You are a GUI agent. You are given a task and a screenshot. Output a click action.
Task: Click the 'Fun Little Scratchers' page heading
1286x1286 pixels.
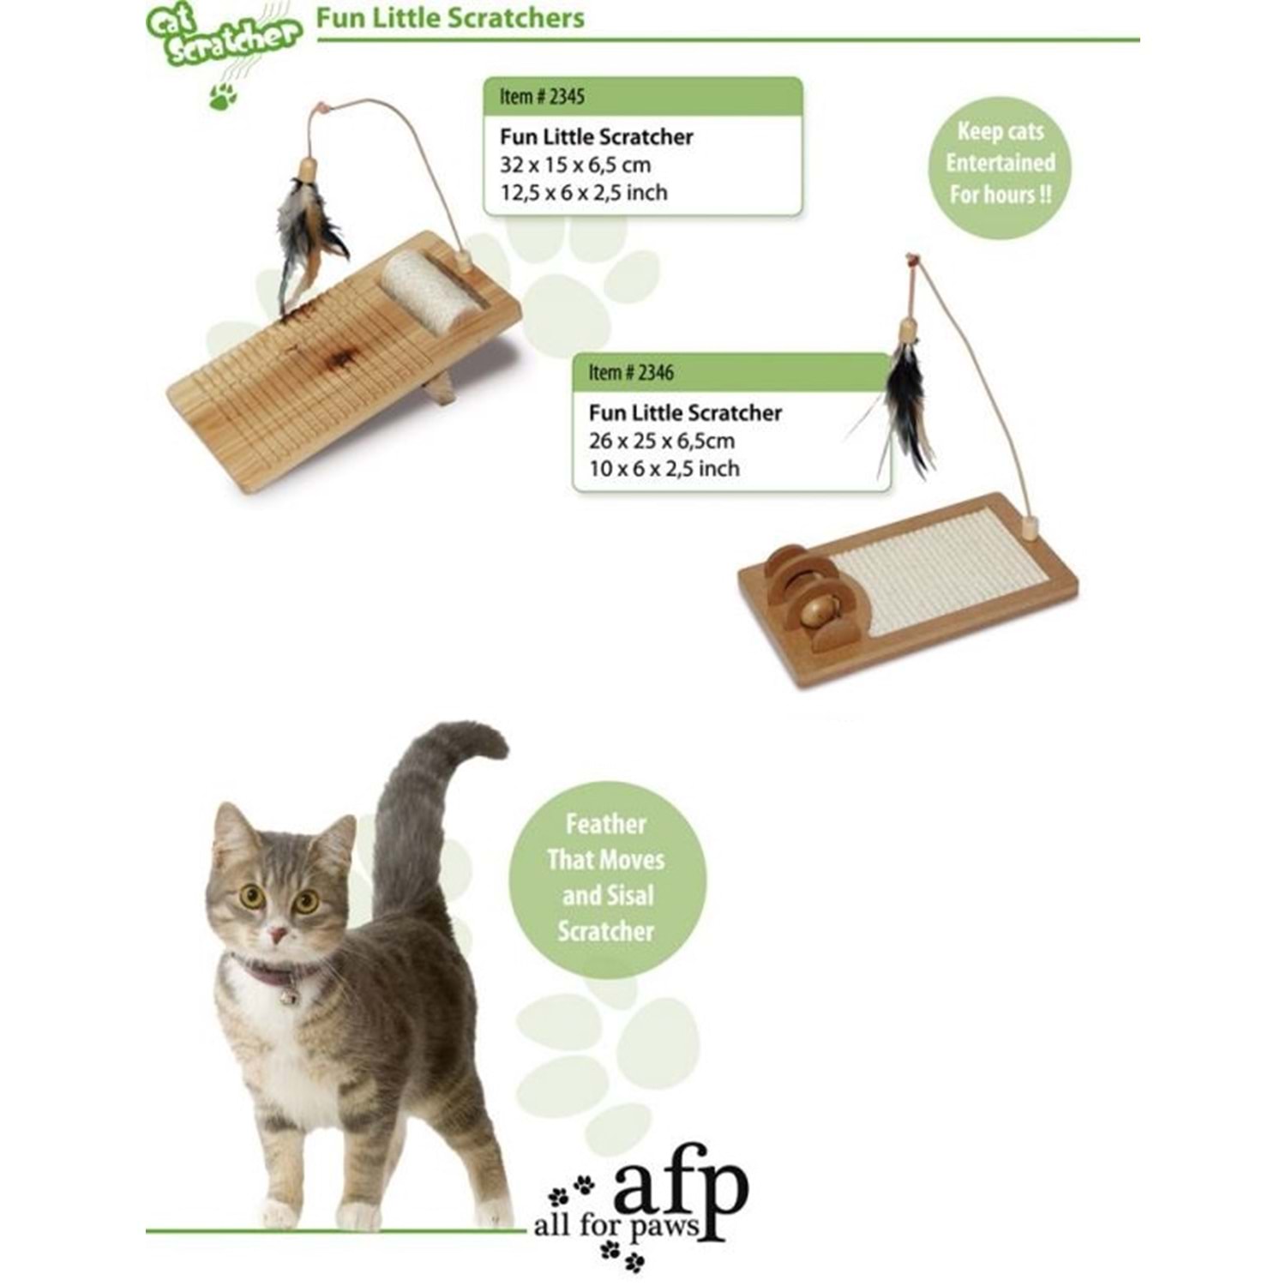(451, 18)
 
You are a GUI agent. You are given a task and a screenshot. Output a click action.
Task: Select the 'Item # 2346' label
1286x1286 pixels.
(631, 373)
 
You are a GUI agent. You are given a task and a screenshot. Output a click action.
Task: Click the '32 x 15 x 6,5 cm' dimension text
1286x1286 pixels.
(575, 165)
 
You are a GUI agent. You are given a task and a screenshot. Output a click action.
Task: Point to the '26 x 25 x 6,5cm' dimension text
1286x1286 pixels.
(662, 441)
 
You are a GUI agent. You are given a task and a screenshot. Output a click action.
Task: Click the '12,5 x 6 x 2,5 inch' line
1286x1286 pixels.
(583, 192)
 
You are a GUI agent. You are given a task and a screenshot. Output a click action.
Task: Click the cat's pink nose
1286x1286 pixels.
(277, 932)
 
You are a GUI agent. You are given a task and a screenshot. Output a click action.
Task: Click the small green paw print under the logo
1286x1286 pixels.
(223, 97)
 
